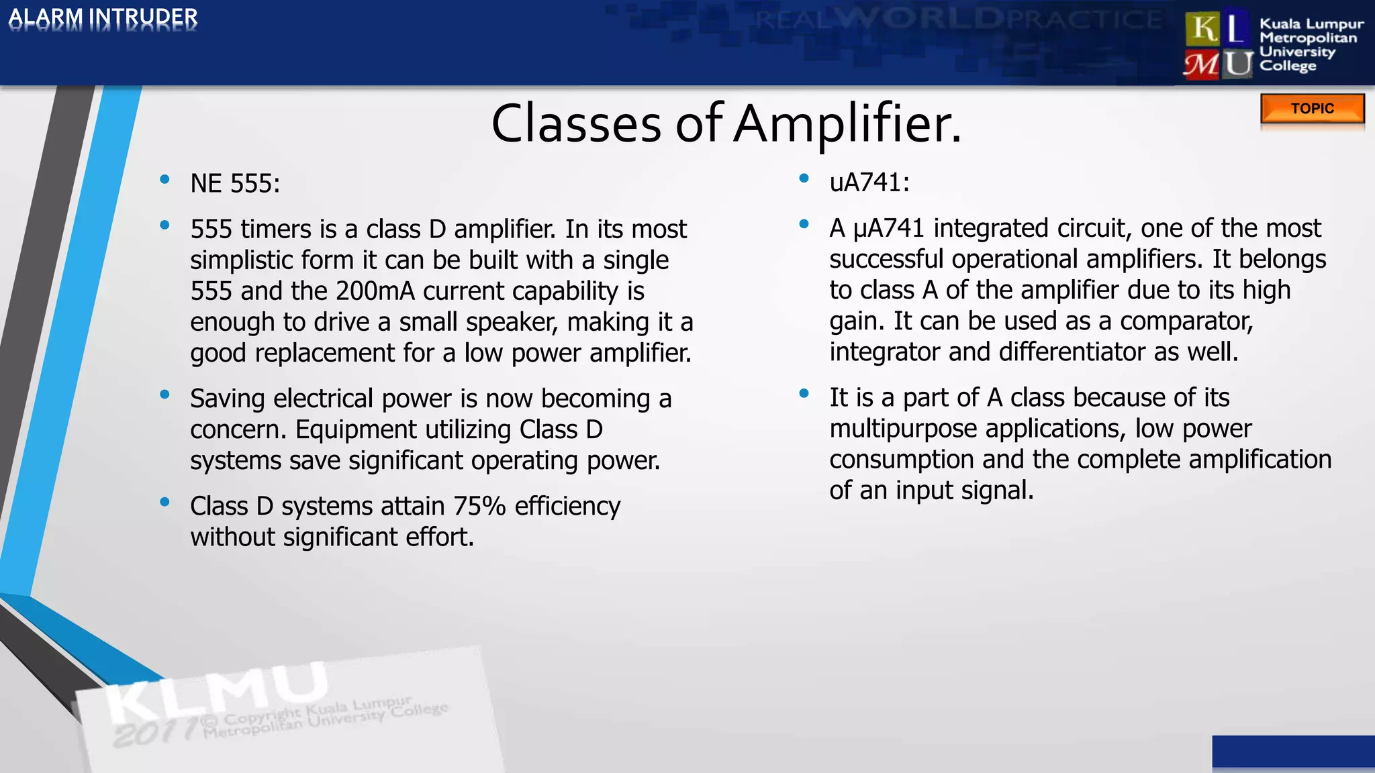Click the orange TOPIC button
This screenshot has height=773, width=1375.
pyautogui.click(x=1312, y=109)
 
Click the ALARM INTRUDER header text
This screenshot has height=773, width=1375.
pyautogui.click(x=103, y=18)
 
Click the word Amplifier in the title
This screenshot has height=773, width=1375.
pyautogui.click(x=847, y=124)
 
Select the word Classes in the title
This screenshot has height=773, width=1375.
pyautogui.click(x=576, y=124)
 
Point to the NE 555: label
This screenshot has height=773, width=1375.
pyautogui.click(x=235, y=184)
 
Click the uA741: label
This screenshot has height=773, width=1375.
pyautogui.click(x=869, y=183)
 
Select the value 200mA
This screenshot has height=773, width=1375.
pyautogui.click(x=375, y=291)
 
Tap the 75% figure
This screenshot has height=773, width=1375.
pyautogui.click(x=479, y=506)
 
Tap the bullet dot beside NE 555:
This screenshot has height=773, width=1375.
pyautogui.click(x=164, y=179)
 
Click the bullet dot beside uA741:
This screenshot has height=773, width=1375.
pyautogui.click(x=804, y=178)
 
